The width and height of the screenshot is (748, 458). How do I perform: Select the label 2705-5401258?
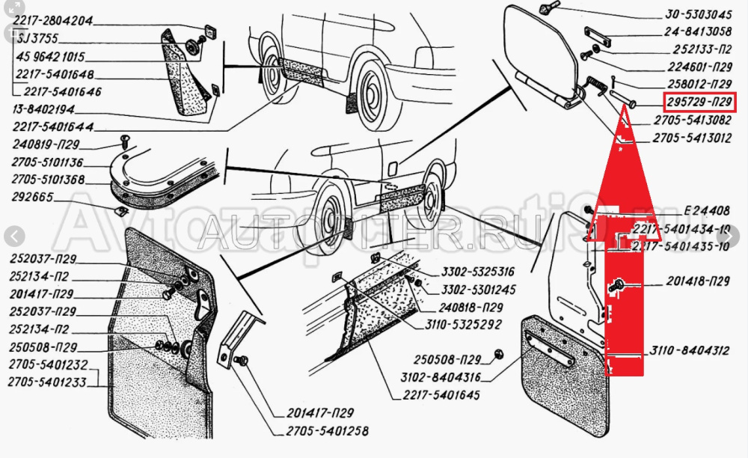click(326, 432)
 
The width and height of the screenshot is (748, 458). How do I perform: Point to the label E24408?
click(706, 210)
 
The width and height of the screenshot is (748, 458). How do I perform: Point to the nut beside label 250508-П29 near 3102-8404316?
click(499, 354)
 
